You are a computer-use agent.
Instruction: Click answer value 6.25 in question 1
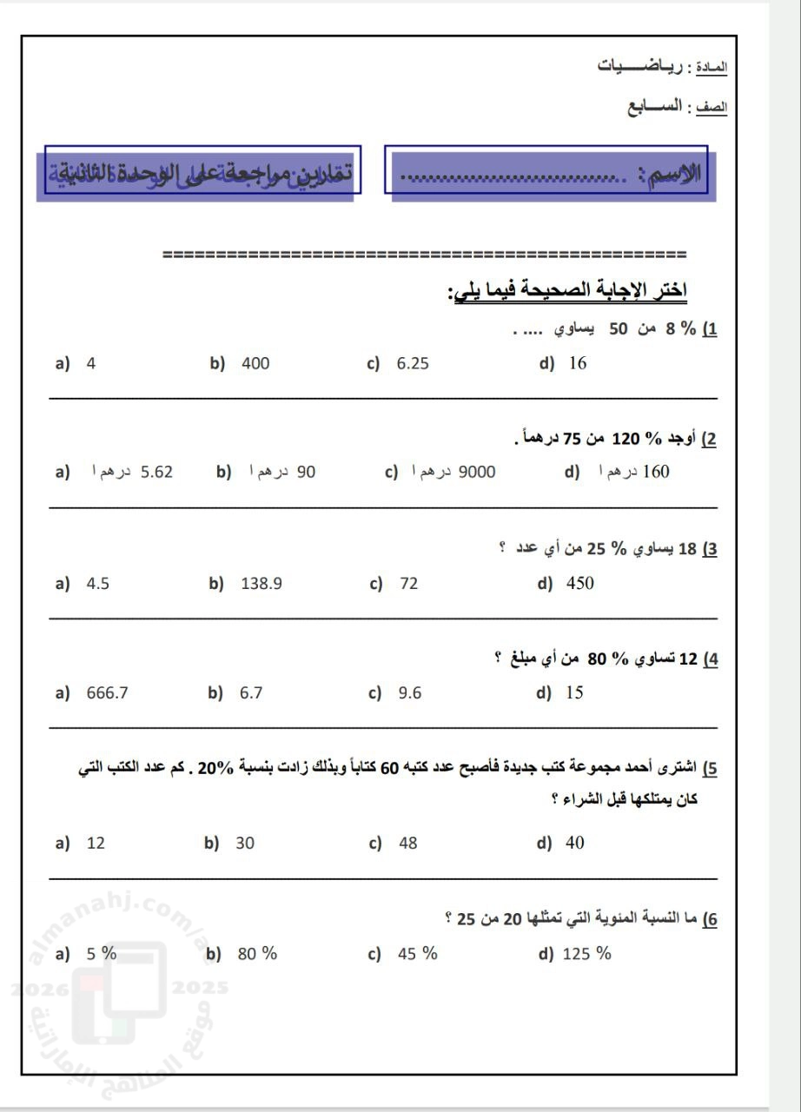point(413,364)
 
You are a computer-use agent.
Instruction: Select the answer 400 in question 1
point(255,364)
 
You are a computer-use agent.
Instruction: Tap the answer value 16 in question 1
point(577,364)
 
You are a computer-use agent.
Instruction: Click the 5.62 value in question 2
point(156,472)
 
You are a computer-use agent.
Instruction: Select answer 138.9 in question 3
point(261,584)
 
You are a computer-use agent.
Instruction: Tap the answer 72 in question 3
point(408,584)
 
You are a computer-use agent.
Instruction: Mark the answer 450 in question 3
point(579,584)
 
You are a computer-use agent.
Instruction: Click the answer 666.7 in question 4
point(108,692)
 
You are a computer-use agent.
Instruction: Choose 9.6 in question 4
point(409,692)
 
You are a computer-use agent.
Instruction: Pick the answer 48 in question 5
point(407,843)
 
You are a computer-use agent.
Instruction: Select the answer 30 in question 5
point(245,843)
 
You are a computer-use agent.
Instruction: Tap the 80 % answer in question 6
point(257,954)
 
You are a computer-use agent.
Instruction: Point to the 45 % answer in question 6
point(417,954)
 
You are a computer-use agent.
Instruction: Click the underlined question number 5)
point(709,768)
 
